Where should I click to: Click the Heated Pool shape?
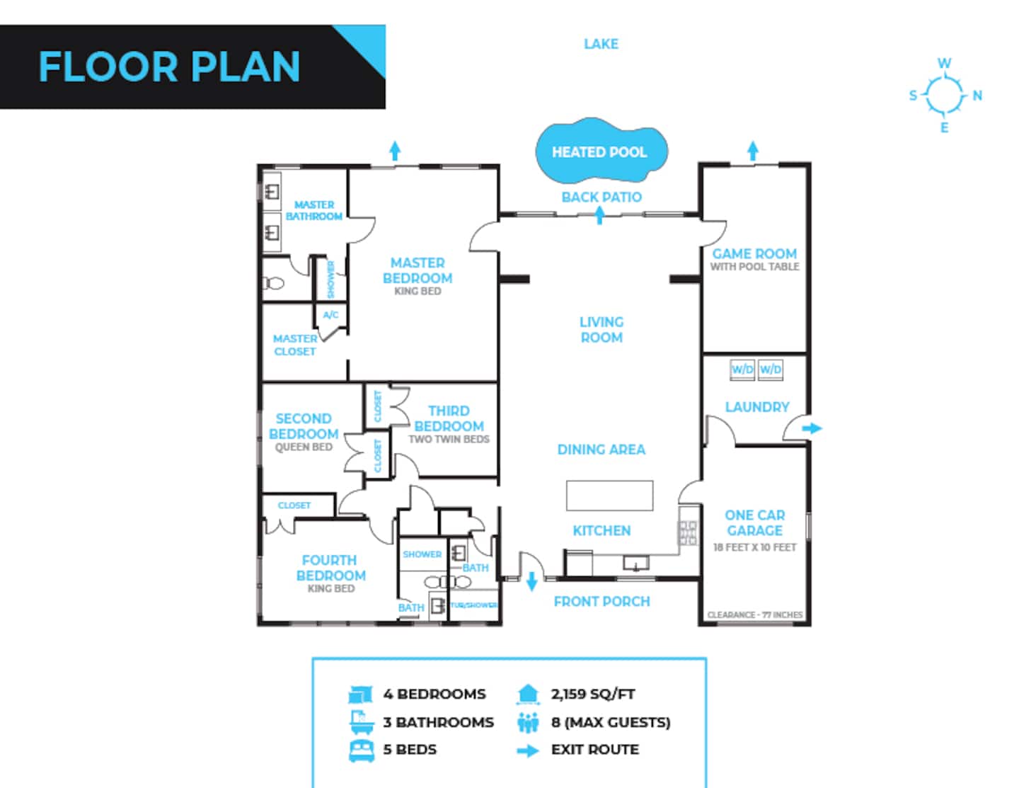tap(601, 151)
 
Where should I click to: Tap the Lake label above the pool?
tap(601, 44)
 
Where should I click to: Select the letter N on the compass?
tap(977, 96)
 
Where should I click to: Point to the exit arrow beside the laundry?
tap(812, 428)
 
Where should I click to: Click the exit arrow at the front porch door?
tap(531, 581)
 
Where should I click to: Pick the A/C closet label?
tap(330, 315)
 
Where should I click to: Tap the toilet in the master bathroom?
tap(273, 283)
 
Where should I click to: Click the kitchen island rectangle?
tap(609, 496)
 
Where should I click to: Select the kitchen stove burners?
tap(688, 533)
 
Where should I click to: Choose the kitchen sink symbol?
tap(636, 563)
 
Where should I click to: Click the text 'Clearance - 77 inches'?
tap(754, 615)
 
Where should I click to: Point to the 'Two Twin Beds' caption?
tap(449, 439)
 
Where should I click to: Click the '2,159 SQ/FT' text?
tap(593, 694)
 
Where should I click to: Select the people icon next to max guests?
tap(528, 722)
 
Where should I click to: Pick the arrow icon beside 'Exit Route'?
tap(528, 751)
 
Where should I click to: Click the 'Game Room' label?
tap(754, 253)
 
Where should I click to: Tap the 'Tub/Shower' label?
tap(473, 605)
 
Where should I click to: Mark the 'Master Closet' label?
tap(295, 345)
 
